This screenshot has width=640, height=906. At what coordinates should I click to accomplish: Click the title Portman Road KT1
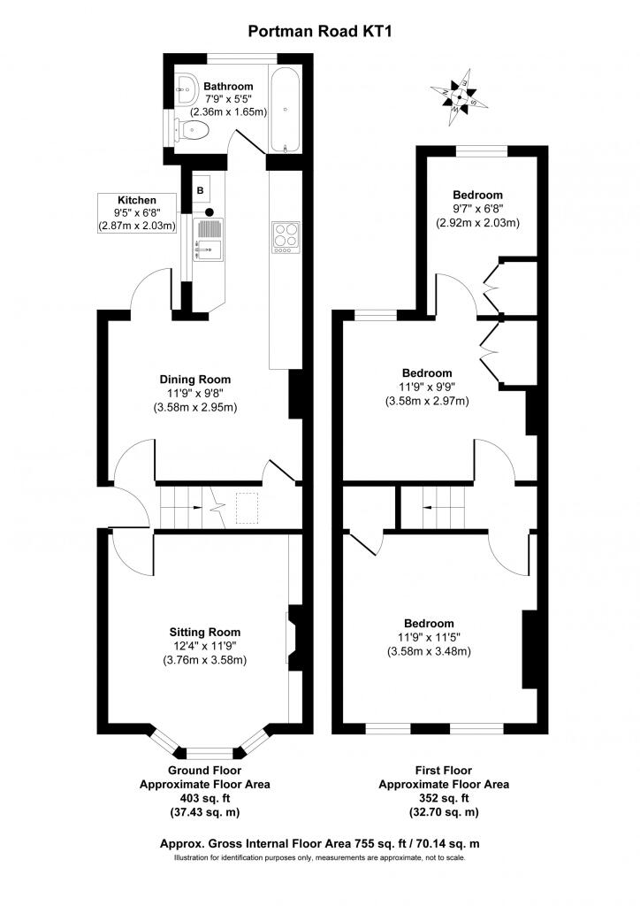[x=320, y=31]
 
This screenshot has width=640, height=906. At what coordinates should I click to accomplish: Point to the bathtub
[x=286, y=111]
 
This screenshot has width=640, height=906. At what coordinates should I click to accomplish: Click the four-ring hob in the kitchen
[x=286, y=237]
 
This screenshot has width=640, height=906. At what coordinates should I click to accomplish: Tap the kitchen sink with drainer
[x=209, y=239]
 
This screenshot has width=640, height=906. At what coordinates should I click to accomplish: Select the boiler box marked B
[x=201, y=189]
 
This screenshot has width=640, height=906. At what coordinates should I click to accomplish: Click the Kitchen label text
[x=137, y=200]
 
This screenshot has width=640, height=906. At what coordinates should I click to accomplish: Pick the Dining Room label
[x=195, y=380]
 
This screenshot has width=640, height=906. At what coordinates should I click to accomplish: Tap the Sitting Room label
[x=205, y=632]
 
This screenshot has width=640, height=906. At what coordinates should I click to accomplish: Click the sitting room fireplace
[x=294, y=638]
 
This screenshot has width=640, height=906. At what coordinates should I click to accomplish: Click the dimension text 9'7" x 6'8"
[x=477, y=209]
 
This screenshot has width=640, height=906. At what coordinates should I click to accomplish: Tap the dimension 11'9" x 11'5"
[x=429, y=637]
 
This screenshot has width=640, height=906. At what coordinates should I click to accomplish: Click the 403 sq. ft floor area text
[x=205, y=799]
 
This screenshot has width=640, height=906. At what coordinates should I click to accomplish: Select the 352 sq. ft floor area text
[x=444, y=799]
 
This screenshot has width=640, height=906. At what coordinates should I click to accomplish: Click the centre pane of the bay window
[x=210, y=753]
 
